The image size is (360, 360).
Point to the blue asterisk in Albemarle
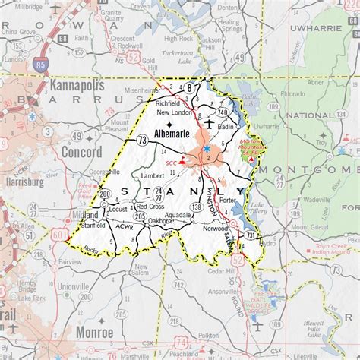pyautogui.click(x=207, y=150)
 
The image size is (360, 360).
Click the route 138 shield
pyautogui.click(x=198, y=206)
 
